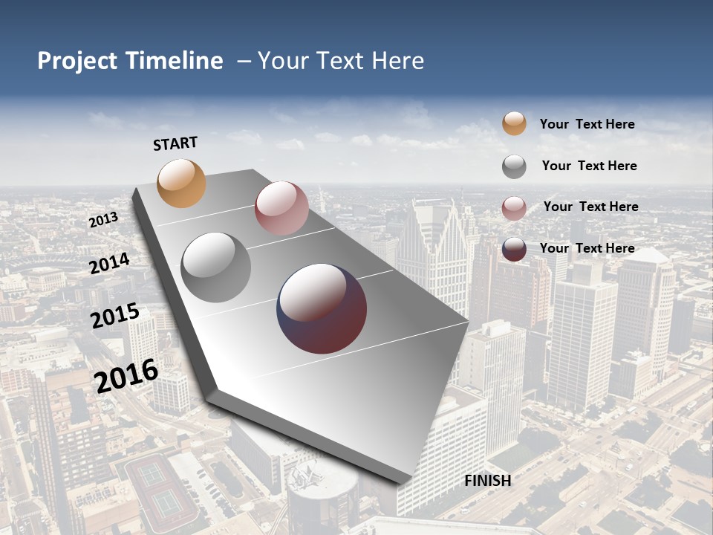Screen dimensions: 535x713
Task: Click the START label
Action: [x=175, y=143]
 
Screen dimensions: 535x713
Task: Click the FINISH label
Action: [x=487, y=481]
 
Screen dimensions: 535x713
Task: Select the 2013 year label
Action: [x=103, y=220]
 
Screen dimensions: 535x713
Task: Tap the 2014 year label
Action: [x=110, y=263]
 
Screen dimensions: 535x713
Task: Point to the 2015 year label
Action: [x=115, y=316]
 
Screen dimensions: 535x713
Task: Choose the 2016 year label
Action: [x=126, y=375]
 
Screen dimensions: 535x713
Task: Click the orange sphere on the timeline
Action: [x=182, y=183]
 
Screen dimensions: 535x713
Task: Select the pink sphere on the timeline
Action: [x=281, y=208]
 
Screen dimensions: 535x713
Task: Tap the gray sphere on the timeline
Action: [x=216, y=267]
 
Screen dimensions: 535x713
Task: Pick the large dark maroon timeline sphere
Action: [x=322, y=308]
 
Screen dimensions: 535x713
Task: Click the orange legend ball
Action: [x=514, y=124]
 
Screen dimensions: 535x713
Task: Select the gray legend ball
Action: [x=514, y=166]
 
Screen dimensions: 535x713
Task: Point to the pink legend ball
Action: [x=514, y=208]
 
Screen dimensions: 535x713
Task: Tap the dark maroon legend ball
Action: [x=514, y=249]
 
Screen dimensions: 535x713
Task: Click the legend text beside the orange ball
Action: [x=587, y=125]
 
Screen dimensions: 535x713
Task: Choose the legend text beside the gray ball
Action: [x=589, y=166]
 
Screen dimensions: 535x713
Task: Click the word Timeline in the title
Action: [x=174, y=61]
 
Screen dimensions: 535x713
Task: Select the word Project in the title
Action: [x=78, y=61]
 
